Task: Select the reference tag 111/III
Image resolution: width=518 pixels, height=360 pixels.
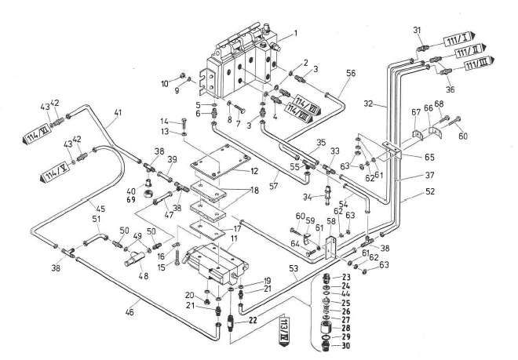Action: pos(476,62)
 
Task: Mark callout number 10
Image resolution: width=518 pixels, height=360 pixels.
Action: pos(165,82)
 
